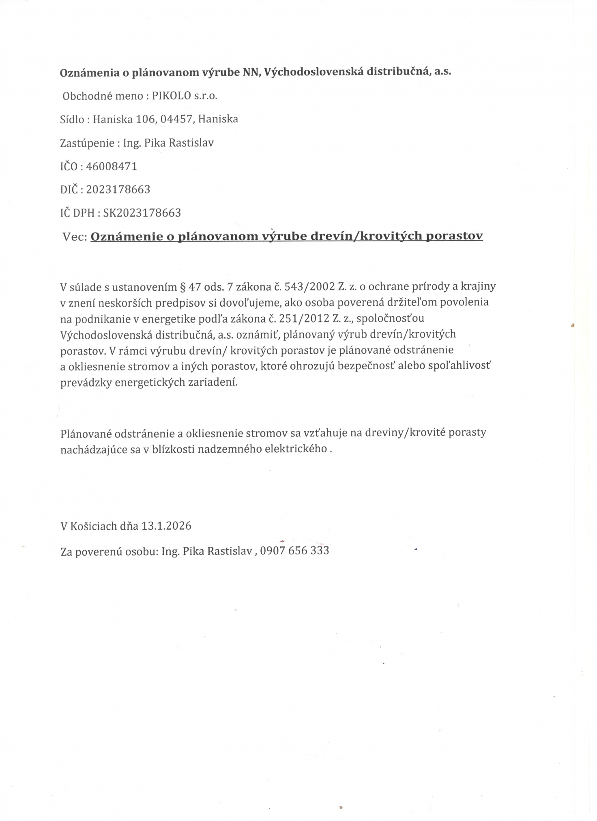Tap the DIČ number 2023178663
(118, 189)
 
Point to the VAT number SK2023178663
(142, 213)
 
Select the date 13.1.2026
(166, 526)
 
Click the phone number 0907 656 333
(294, 551)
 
